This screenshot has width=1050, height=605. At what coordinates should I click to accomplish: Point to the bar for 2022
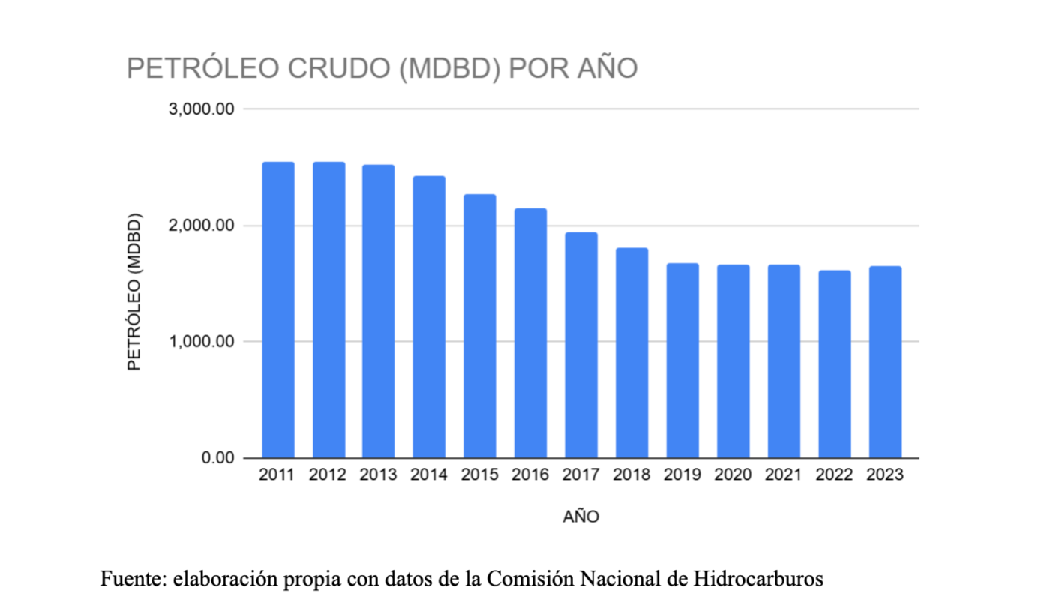835,364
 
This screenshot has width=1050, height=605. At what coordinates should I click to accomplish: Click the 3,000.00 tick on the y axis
202,109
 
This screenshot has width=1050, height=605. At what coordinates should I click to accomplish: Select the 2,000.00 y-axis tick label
202,226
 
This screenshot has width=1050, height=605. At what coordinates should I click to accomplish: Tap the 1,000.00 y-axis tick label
202,342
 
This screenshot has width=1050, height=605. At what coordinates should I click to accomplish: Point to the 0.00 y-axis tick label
217,458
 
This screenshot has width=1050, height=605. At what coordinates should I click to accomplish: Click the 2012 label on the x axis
328,475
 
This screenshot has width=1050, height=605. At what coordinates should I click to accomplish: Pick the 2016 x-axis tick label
530,475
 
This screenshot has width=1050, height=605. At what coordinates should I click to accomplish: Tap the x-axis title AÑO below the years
581,517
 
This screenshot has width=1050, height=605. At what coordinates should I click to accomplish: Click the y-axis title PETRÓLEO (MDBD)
134,292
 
